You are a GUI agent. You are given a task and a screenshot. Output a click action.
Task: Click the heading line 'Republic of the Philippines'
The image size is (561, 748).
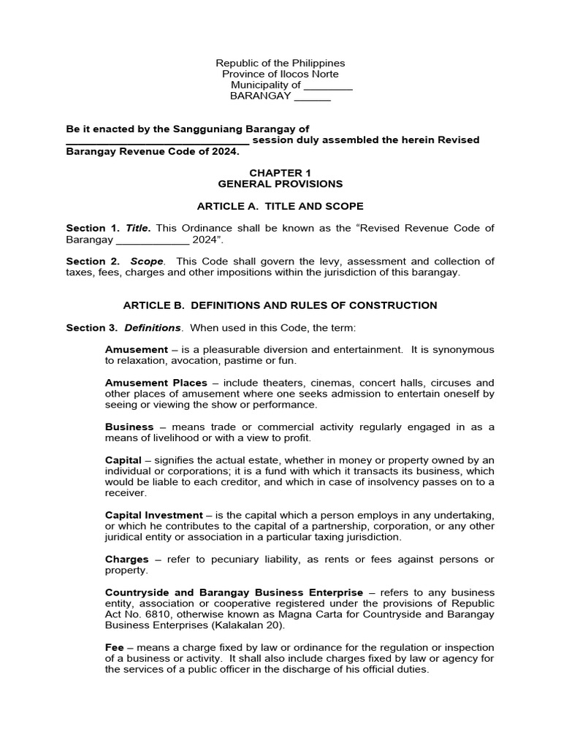point(280,64)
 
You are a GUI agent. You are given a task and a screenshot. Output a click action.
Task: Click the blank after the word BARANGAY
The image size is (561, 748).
point(312,96)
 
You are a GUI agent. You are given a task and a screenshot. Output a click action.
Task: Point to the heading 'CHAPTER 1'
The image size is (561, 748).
point(280,173)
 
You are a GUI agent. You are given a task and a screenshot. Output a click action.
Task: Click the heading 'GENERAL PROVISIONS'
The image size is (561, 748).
point(280,184)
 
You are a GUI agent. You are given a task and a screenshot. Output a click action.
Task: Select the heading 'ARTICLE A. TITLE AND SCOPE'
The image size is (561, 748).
point(280,207)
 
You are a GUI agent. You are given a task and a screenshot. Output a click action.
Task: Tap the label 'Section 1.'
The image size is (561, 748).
point(93,229)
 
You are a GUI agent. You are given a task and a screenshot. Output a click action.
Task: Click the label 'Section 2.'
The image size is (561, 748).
point(93,262)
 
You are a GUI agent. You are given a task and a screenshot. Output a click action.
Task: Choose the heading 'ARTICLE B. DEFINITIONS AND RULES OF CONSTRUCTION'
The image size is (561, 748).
point(280,305)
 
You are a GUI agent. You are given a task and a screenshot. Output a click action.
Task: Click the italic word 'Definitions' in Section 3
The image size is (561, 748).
point(152,328)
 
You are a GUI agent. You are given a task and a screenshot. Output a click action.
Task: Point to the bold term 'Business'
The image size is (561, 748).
point(129,427)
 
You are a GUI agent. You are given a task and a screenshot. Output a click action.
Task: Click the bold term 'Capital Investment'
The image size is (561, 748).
point(153,515)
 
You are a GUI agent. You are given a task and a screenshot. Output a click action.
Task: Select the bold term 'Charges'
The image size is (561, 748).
point(128,559)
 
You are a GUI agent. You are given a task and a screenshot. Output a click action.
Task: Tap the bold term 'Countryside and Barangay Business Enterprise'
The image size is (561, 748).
point(234,592)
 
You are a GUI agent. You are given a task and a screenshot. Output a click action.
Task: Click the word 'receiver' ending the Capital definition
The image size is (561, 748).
point(126,493)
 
